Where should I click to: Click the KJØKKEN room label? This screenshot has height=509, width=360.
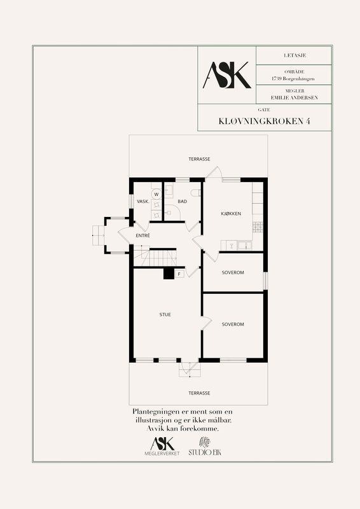point(231,214)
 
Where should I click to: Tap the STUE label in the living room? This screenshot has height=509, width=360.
point(165,314)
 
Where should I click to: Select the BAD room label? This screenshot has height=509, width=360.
point(182,202)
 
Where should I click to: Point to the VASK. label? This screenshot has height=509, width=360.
point(143,202)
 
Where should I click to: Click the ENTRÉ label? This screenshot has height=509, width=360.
point(143,235)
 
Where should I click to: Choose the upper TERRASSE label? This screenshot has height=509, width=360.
point(199,159)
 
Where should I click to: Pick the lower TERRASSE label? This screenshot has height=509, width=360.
point(199,393)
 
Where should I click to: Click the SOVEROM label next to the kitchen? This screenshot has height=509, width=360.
point(233,273)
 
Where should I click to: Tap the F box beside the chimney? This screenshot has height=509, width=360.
point(179,274)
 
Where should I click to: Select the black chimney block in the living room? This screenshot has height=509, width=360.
point(169,274)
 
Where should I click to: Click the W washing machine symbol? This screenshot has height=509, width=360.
point(156,195)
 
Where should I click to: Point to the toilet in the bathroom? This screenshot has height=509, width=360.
point(196,193)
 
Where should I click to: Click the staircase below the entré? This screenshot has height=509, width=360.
point(155,256)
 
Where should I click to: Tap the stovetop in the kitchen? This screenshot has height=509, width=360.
point(258,227)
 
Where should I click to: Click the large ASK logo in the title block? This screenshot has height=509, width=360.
point(227,75)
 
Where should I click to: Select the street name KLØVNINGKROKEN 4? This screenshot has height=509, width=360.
point(264,121)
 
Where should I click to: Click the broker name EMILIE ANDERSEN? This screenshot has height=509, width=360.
point(294,97)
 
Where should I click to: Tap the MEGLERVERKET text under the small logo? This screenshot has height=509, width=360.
point(162,454)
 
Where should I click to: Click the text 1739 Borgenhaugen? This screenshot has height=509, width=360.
point(293,78)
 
